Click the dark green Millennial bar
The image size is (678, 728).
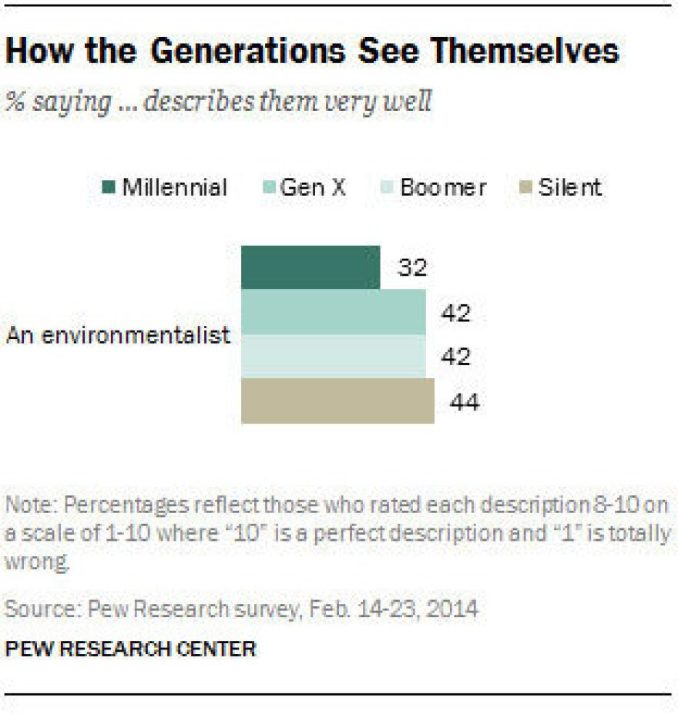pyautogui.click(x=310, y=267)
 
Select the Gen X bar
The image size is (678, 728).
pyautogui.click(x=333, y=312)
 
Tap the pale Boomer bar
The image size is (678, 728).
pyautogui.click(x=333, y=357)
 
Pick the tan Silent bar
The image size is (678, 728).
pyautogui.click(x=337, y=401)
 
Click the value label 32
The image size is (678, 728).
pyautogui.click(x=412, y=268)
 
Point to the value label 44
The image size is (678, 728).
pyautogui.click(x=465, y=402)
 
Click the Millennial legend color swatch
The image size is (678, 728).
pyautogui.click(x=109, y=188)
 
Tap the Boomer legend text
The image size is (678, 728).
pyautogui.click(x=443, y=188)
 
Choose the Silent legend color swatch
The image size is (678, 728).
pyautogui.click(x=526, y=188)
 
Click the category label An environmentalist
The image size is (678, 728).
pyautogui.click(x=119, y=335)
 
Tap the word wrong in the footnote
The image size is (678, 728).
pyautogui.click(x=37, y=562)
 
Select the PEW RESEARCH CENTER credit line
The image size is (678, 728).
pyautogui.click(x=130, y=648)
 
